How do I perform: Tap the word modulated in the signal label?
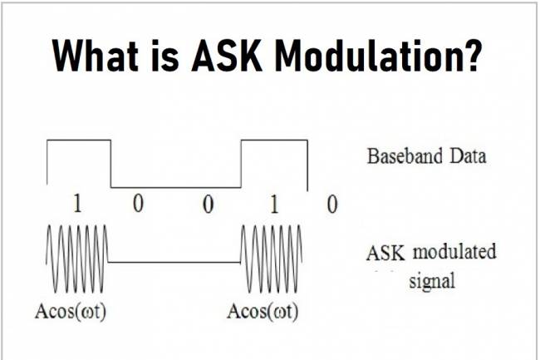pyautogui.click(x=454, y=253)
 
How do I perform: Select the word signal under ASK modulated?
pyautogui.click(x=432, y=280)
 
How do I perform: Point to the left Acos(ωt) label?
pyautogui.click(x=74, y=313)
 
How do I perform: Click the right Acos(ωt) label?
pyautogui.click(x=263, y=313)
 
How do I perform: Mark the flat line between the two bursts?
pyautogui.click(x=174, y=263)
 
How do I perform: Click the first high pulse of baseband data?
pyautogui.click(x=78, y=143)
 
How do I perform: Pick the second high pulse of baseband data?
pyautogui.click(x=273, y=143)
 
